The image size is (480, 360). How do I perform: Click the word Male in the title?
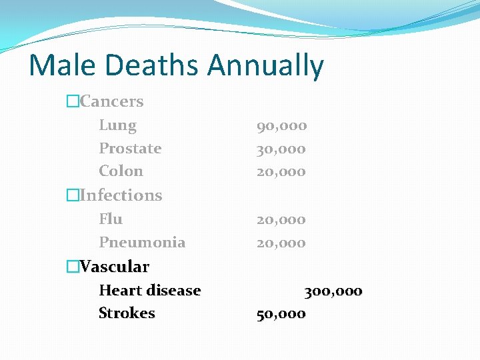tap(61, 65)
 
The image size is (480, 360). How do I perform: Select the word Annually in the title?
tap(265, 67)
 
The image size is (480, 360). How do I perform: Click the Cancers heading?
tap(111, 101)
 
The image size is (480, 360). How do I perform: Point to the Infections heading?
tap(121, 195)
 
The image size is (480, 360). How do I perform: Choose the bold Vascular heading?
tap(114, 267)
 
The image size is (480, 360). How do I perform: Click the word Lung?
tap(117, 125)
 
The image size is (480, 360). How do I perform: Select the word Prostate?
tap(130, 149)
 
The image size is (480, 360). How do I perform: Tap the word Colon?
tap(121, 171)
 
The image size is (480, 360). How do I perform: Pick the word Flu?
tap(111, 219)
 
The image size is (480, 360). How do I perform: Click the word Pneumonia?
tap(142, 242)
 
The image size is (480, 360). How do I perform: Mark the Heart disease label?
tap(149, 290)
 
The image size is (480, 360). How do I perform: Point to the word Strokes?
tap(127, 313)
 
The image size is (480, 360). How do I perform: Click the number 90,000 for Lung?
tap(281, 125)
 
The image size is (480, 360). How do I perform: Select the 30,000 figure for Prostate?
tap(281, 149)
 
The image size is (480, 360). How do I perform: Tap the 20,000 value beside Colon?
tap(281, 171)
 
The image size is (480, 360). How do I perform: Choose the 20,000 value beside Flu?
tap(281, 219)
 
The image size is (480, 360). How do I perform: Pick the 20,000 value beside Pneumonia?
tap(281, 243)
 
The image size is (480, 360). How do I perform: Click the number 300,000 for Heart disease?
tap(333, 291)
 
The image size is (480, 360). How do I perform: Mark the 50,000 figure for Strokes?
tap(281, 313)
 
